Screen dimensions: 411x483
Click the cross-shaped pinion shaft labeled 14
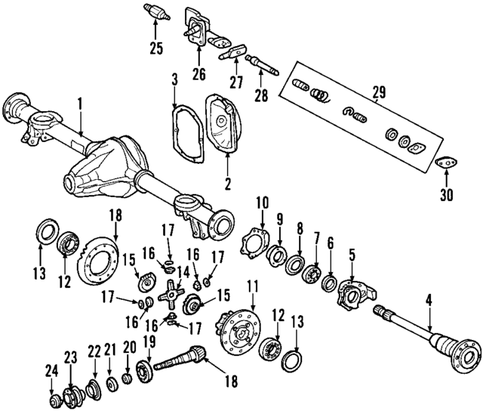point(175,289)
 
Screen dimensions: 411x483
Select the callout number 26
point(199,73)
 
